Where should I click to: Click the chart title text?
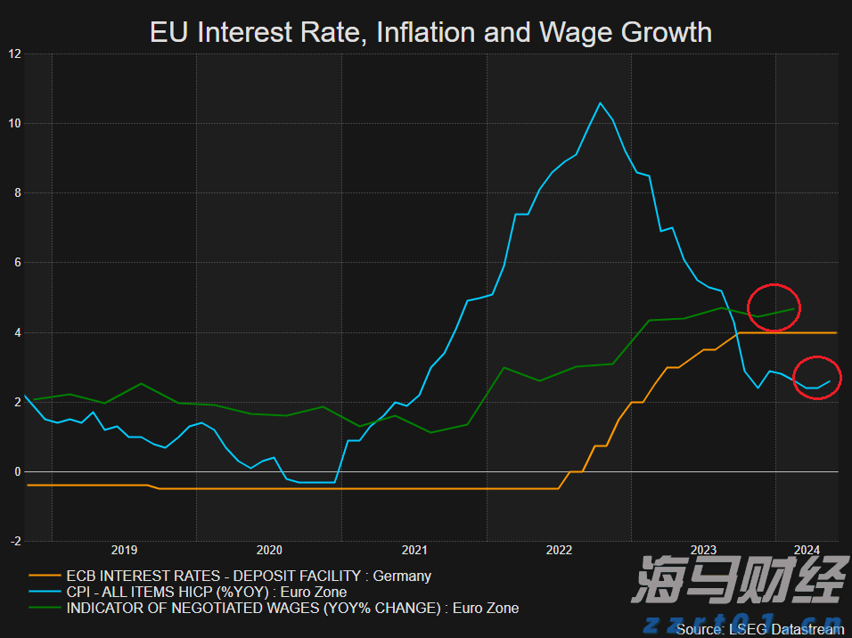[x=430, y=33]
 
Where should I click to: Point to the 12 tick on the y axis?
[x=14, y=53]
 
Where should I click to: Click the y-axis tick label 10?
[x=14, y=123]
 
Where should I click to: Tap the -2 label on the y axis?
[x=14, y=541]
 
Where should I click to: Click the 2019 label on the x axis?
[x=124, y=550]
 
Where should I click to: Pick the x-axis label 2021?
[x=414, y=550]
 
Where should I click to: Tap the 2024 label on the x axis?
[x=807, y=550]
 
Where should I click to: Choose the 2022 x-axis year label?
[x=559, y=550]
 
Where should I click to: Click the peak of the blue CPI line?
[x=600, y=103]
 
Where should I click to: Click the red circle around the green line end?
[x=774, y=307]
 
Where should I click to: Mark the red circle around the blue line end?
[x=817, y=378]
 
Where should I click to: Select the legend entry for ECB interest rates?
[x=249, y=576]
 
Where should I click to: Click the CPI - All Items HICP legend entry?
[x=206, y=592]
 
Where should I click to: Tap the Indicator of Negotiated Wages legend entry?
[x=292, y=608]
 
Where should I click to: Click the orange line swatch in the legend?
[x=44, y=577]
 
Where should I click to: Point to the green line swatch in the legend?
[x=44, y=609]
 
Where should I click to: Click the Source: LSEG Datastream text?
[x=758, y=629]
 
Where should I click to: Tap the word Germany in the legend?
[x=402, y=576]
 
